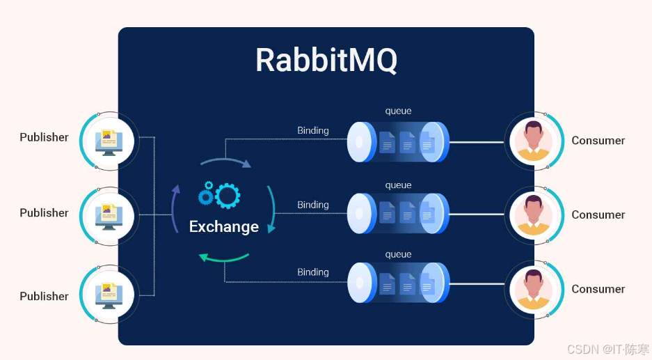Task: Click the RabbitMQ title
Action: click(326, 60)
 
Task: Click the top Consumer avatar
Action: click(533, 141)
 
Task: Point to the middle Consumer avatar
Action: click(533, 215)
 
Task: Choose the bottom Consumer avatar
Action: click(533, 289)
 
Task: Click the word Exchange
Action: click(224, 226)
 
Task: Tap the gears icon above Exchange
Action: click(218, 195)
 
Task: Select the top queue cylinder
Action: click(398, 142)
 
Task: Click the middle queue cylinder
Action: click(398, 213)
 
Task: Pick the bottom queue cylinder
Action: click(398, 282)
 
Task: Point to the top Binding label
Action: click(313, 130)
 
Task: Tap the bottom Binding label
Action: click(313, 272)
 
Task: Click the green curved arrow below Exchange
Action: click(223, 258)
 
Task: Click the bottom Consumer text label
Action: click(598, 289)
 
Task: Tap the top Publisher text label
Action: click(44, 137)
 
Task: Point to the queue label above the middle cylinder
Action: click(399, 185)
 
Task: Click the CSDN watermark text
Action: click(605, 349)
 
